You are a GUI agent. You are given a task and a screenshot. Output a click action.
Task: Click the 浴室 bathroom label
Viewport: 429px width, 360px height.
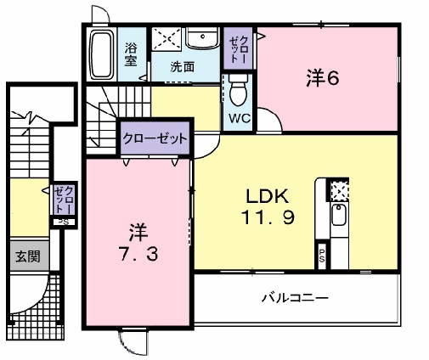(133, 54)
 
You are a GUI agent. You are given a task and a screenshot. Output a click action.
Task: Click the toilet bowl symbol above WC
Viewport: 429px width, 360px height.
(239, 89)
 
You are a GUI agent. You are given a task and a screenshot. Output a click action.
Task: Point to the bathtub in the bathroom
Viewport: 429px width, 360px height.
(104, 54)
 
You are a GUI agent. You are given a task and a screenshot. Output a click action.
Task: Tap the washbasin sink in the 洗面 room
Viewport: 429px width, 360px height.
(202, 40)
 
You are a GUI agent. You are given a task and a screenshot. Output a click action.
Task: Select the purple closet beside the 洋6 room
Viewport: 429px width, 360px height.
(239, 50)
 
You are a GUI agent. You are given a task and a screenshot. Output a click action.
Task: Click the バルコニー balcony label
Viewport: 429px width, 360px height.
(295, 298)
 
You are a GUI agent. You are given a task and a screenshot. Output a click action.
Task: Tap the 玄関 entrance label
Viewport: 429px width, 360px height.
(23, 256)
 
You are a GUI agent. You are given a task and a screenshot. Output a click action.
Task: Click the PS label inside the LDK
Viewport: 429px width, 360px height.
(322, 253)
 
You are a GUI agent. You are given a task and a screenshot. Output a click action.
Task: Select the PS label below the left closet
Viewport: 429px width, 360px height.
(61, 222)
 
